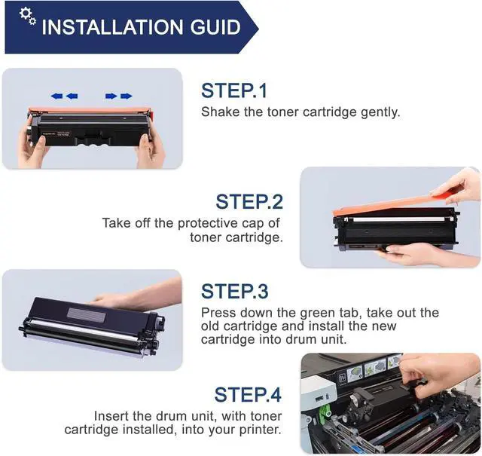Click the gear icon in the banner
[x=28, y=16]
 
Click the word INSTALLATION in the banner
[x=112, y=27]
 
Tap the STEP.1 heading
[x=234, y=90]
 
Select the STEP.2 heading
[x=249, y=202]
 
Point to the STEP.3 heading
[x=234, y=291]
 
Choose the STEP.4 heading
[x=248, y=394]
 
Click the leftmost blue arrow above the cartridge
[x=57, y=96]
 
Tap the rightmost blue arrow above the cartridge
[x=127, y=96]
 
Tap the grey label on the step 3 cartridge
[x=87, y=315]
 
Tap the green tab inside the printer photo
[x=324, y=411]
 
